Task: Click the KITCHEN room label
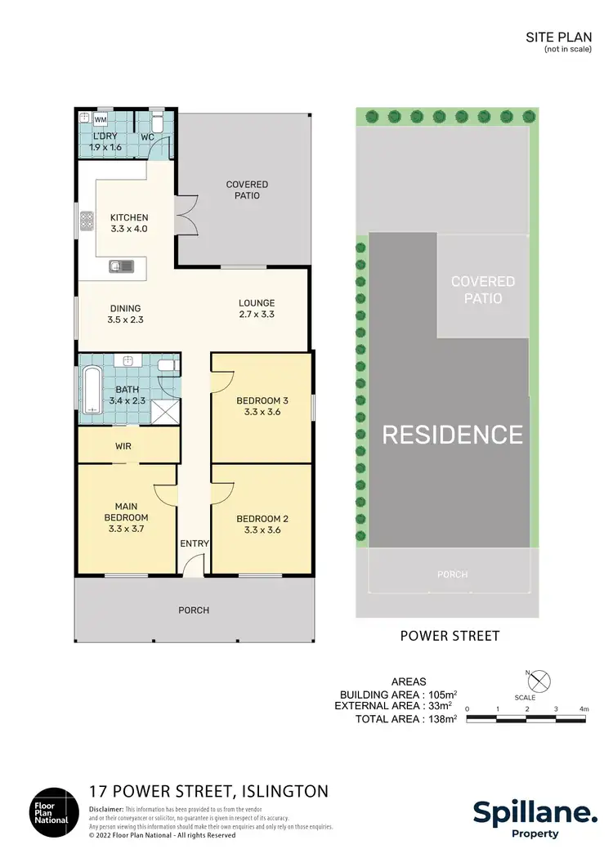point(129,217)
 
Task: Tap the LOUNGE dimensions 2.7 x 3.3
point(256,315)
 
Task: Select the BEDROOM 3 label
point(262,400)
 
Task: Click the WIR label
point(123,446)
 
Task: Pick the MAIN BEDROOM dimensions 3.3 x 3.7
point(126,530)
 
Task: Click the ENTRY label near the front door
point(195,543)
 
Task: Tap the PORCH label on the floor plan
point(194,610)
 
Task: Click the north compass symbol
point(540,680)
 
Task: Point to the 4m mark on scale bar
point(584,708)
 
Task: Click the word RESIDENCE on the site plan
point(452,434)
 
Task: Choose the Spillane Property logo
point(535,816)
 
